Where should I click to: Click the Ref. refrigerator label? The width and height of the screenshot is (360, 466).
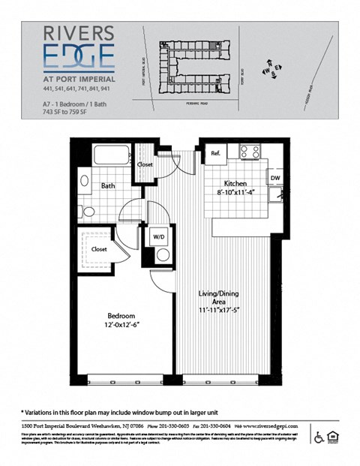click(x=215, y=153)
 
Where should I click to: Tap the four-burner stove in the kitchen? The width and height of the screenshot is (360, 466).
click(x=249, y=152)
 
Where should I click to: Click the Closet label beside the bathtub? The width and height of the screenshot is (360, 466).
click(x=145, y=164)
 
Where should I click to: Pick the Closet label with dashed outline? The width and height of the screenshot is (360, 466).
click(x=99, y=248)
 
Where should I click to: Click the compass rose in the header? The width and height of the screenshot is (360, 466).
click(x=270, y=70)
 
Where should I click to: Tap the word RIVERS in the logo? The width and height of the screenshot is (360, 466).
click(x=79, y=34)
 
